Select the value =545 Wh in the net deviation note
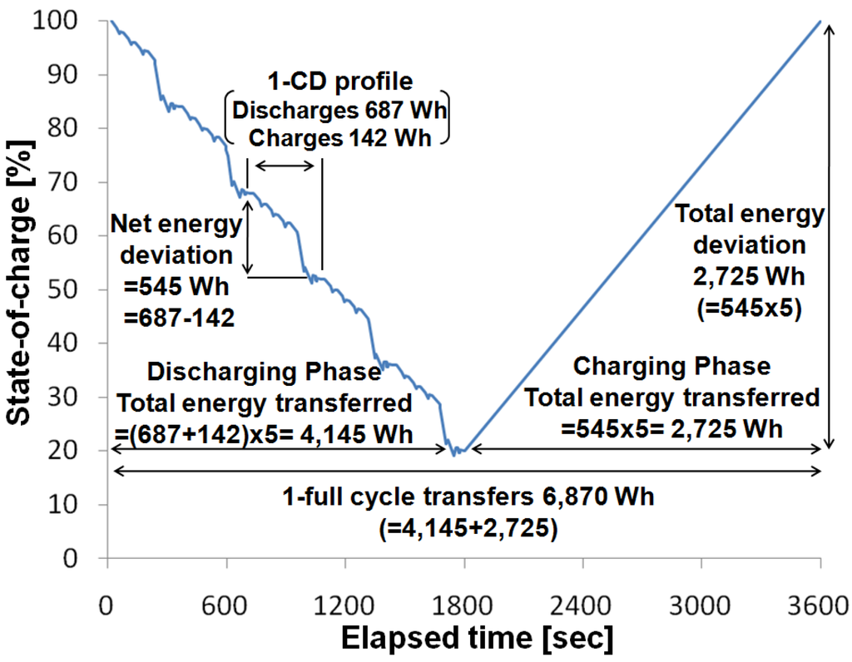pos(170,285)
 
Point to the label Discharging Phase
pos(263,372)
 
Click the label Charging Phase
pos(672,366)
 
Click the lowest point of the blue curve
pos(453,455)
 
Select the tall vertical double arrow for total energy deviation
pos(828,236)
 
